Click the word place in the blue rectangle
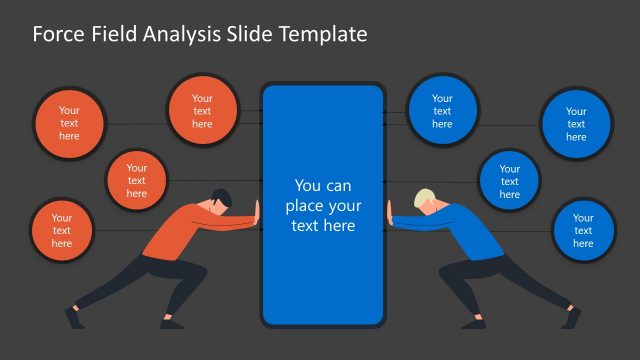305,206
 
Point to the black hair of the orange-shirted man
220,195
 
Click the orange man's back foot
72,318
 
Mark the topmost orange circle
202,110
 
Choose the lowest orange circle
62,231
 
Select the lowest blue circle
583,231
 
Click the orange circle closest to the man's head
137,181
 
